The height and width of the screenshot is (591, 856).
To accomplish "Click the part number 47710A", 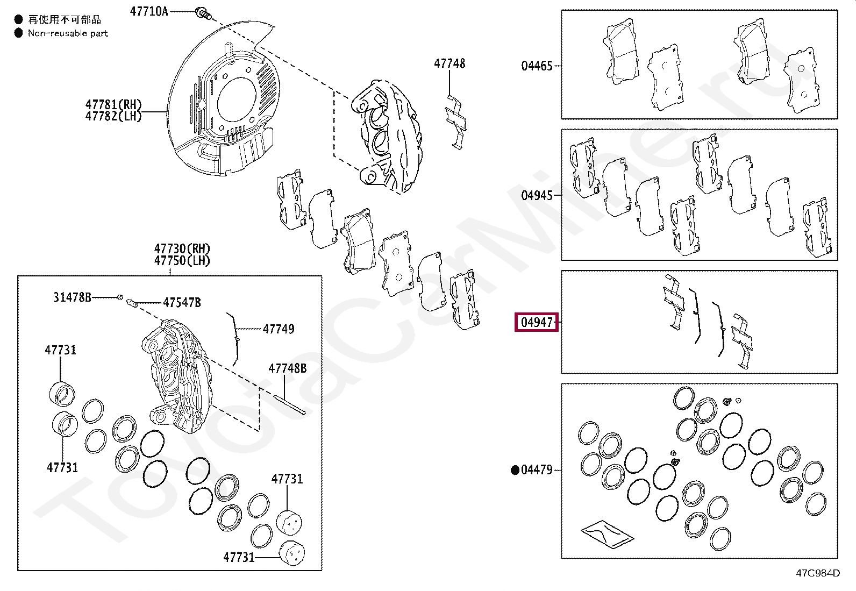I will coord(149,11).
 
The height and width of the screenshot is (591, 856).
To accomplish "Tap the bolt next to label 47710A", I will coord(203,13).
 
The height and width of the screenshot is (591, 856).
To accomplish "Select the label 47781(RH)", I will coord(113,104).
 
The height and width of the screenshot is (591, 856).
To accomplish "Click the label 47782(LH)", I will coord(113,116).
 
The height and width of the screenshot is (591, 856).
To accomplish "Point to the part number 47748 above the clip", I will coord(450,63).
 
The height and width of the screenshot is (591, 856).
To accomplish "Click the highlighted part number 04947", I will coord(537,322).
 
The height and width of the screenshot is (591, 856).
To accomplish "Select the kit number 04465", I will coord(537,66).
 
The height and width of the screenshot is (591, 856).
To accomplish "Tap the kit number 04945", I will coord(537,195).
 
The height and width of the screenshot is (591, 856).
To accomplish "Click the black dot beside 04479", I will coord(515,470).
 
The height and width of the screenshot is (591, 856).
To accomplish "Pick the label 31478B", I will coord(72,297).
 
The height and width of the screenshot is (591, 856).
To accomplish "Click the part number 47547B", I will coord(182,303).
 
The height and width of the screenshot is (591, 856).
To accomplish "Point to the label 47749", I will coord(279,329).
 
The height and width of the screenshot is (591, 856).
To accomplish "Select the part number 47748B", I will coord(288,368).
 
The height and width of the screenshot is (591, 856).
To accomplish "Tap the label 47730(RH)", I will coord(182,248).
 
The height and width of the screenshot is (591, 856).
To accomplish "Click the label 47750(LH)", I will coord(182,261).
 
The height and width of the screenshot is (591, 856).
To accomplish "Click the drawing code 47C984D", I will coord(817,573).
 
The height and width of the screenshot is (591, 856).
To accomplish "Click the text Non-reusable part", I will coord(68,33).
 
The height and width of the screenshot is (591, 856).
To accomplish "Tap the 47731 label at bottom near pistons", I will coord(239,557).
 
